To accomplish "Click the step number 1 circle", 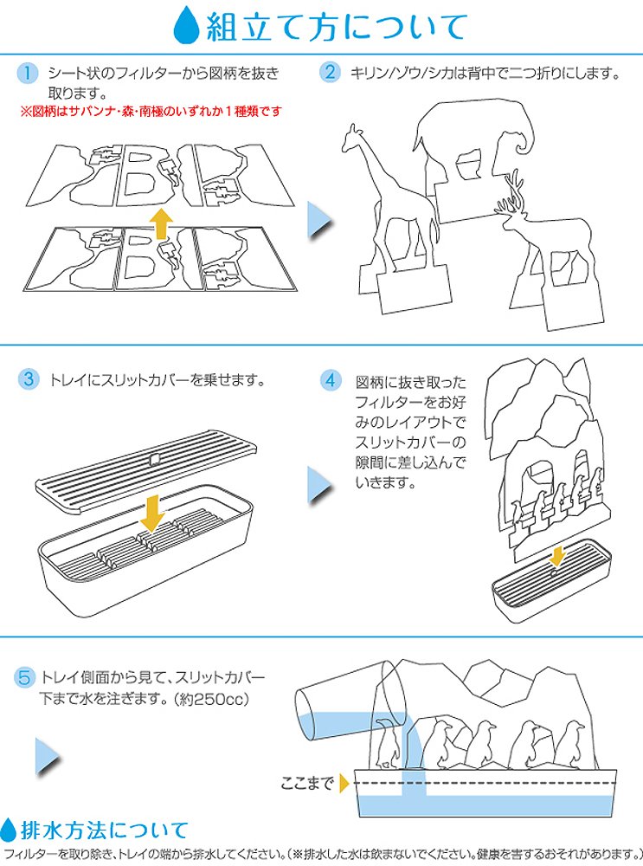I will coord(29,74).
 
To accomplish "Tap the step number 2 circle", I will coord(330,73).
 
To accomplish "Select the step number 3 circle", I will coord(29,379).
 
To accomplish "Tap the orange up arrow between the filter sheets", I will coord(159,223).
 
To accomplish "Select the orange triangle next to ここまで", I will coord(344,785).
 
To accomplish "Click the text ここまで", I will coord(307,785).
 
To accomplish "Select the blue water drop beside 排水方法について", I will coord(10,830).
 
